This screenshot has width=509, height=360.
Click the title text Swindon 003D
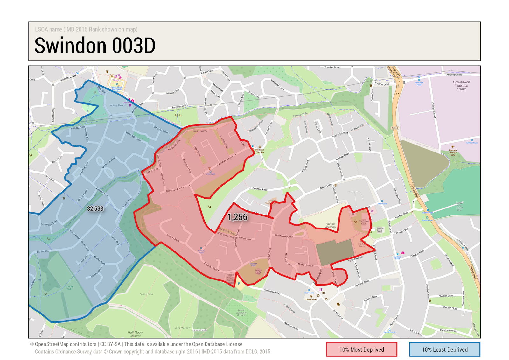pyautogui.click(x=95, y=46)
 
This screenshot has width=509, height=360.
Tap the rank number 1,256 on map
pyautogui.click(x=237, y=217)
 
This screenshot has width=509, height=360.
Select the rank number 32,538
pyautogui.click(x=95, y=209)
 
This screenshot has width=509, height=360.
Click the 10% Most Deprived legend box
pyautogui.click(x=361, y=349)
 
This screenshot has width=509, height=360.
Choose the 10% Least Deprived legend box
pyautogui.click(x=444, y=349)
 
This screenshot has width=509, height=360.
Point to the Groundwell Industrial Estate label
pyautogui.click(x=461, y=86)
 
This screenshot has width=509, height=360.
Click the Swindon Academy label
pyautogui.click(x=331, y=225)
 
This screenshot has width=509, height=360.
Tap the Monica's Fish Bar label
pyautogui.click(x=260, y=151)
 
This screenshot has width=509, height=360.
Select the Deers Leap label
pyautogui.click(x=311, y=299)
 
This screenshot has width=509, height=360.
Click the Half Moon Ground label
pyautogui.click(x=135, y=334)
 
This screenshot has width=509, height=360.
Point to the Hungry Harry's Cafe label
pyautogui.click(x=453, y=152)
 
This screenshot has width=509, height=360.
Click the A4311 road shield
pyautogui.click(x=394, y=128)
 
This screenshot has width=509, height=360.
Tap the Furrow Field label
pyautogui.click(x=69, y=288)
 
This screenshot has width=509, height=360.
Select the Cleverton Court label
pyautogui.click(x=364, y=222)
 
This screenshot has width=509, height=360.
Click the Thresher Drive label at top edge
pyautogui.click(x=332, y=67)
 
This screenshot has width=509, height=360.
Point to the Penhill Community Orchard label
pyautogui.click(x=241, y=313)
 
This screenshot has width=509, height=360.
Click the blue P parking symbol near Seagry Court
pyautogui.click(x=239, y=283)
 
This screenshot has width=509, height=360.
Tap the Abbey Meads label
pyautogui.click(x=117, y=105)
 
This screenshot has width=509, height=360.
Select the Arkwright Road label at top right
pyautogui.click(x=454, y=75)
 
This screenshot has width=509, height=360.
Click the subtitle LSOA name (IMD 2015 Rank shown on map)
pyautogui.click(x=86, y=29)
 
